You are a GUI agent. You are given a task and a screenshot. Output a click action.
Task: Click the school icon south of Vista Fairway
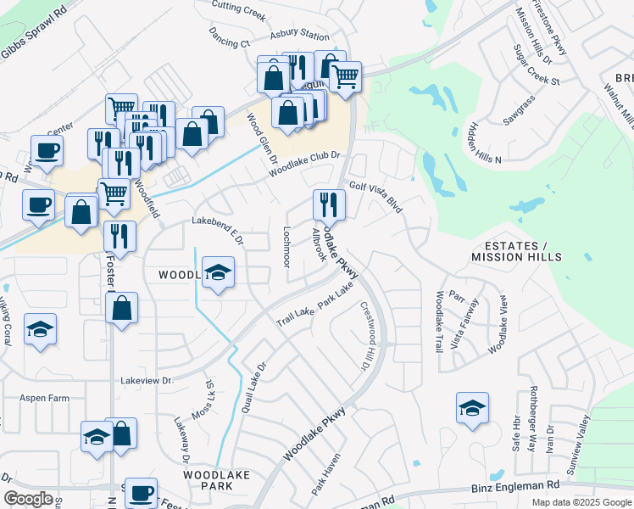click(x=472, y=409)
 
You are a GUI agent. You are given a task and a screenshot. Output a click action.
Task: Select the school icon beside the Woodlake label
click(x=219, y=273)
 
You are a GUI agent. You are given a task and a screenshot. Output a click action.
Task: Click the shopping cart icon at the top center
click(x=345, y=76)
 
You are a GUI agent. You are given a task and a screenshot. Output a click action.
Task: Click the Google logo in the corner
click(x=28, y=499)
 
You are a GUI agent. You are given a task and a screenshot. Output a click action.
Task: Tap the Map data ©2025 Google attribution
click(x=581, y=502)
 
